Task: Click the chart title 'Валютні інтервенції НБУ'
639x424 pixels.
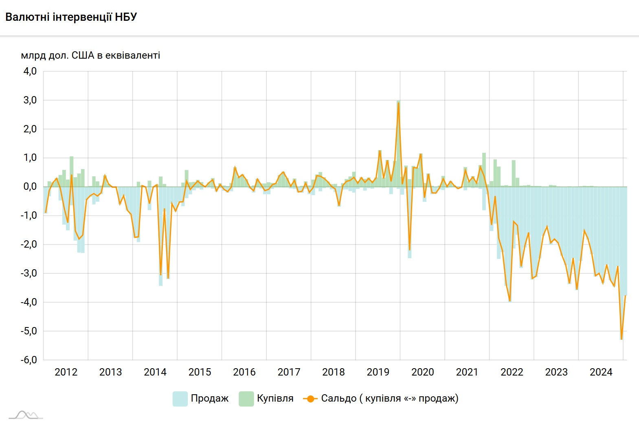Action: (x=71, y=17)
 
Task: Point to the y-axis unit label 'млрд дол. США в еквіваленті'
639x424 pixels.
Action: (x=90, y=55)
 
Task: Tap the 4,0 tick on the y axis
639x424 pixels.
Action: (x=30, y=71)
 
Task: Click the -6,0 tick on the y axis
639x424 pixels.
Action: (x=29, y=360)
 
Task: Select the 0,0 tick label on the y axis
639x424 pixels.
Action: (x=30, y=187)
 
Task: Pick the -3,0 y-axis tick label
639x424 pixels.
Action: (x=29, y=273)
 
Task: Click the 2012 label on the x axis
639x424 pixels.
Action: (x=66, y=372)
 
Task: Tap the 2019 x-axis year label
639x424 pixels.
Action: (x=378, y=372)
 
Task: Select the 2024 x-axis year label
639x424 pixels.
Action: (x=601, y=372)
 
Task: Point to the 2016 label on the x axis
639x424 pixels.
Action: (x=244, y=372)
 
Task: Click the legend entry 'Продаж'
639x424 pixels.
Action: (x=209, y=398)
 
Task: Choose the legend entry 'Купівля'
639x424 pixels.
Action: (x=275, y=398)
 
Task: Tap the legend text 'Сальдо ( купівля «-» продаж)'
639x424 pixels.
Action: (x=389, y=398)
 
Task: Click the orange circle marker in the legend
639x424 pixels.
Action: (x=310, y=399)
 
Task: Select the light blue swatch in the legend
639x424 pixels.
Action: (x=180, y=399)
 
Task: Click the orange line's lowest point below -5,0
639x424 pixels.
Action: (x=621, y=339)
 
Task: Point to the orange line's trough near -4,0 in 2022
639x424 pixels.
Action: (x=510, y=301)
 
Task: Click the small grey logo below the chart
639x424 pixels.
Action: (x=26, y=415)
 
